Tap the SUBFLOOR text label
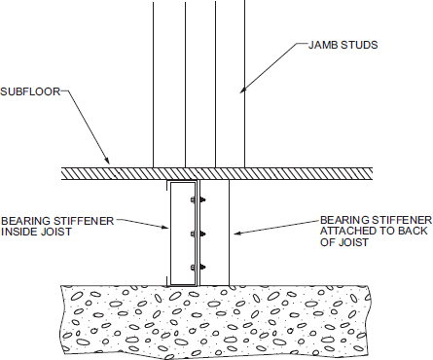(30, 91)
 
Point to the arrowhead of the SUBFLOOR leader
(107, 161)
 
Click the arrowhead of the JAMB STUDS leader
(243, 90)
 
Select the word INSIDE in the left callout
(18, 232)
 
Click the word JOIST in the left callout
(55, 232)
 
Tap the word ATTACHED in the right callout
(348, 232)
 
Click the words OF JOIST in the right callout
(344, 242)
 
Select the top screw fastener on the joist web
(198, 200)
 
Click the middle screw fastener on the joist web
(198, 234)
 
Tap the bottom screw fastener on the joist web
(198, 268)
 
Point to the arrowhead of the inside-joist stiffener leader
(165, 227)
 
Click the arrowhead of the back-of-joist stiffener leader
(237, 233)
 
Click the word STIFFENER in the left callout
(84, 221)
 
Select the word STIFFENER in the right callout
(402, 220)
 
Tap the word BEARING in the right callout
(344, 220)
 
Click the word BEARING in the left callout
(25, 221)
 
